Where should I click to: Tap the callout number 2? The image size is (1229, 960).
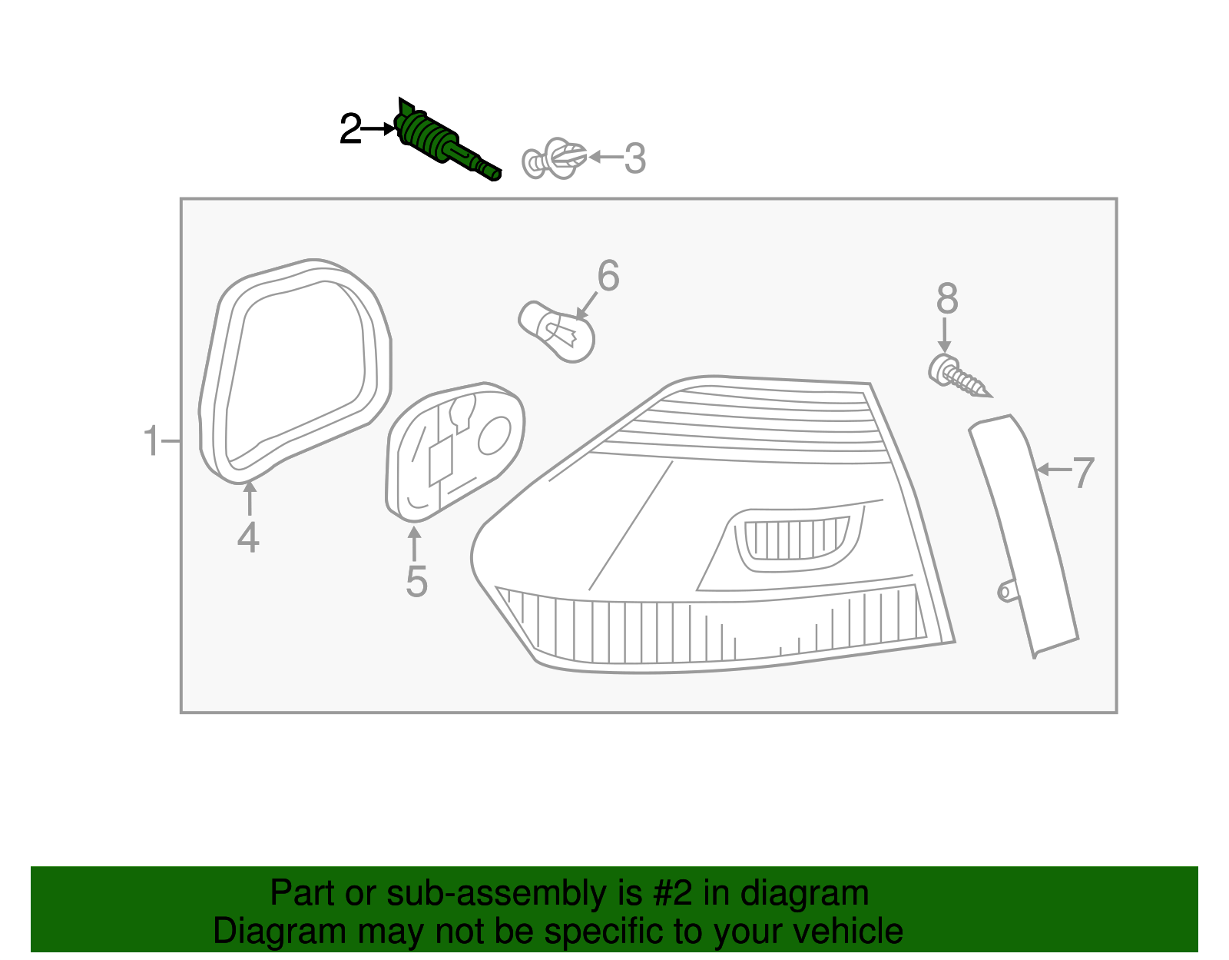click(x=350, y=130)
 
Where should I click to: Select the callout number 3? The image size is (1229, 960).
click(x=634, y=158)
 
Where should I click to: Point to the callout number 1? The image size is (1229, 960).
click(x=151, y=442)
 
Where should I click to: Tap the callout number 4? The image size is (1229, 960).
click(x=248, y=537)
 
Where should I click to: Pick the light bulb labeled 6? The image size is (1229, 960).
click(x=557, y=332)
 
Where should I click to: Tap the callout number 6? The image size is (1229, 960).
click(x=608, y=276)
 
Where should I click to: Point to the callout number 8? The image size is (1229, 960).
click(x=947, y=299)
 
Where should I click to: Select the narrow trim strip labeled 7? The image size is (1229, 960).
click(x=1022, y=530)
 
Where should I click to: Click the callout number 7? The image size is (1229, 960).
click(x=1083, y=472)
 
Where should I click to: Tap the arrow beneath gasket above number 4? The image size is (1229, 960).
click(x=249, y=498)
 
